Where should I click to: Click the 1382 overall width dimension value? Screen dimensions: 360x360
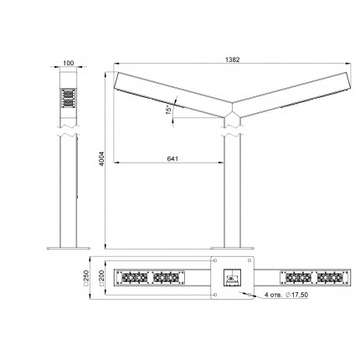232,59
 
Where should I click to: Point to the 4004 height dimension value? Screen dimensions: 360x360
101,158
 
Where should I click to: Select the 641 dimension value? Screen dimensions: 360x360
172,159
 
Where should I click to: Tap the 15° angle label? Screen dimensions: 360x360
168,110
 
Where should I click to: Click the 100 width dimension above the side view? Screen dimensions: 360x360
69,63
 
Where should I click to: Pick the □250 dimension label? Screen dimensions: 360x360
86,278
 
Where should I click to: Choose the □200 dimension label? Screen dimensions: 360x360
101,278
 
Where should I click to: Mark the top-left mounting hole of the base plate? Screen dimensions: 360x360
215,260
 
